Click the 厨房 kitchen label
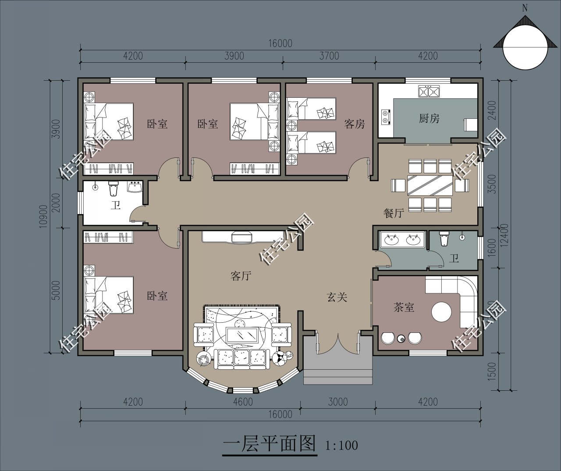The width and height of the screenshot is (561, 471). tap(429, 118)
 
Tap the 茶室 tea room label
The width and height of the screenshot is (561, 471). tap(404, 307)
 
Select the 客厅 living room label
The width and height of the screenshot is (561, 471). tap(241, 276)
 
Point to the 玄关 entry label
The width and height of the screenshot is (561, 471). tap(337, 297)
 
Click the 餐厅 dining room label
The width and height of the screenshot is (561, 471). tap(394, 213)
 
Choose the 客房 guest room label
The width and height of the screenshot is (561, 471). tap(355, 124)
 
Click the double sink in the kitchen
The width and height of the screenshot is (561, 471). tap(429, 91)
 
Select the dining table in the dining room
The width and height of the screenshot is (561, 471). tap(430, 185)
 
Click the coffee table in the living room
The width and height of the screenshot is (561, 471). tap(242, 335)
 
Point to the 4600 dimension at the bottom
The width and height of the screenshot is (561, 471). tap(243, 402)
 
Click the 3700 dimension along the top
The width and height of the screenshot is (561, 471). tap(329, 56)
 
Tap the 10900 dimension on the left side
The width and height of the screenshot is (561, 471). tap(43, 216)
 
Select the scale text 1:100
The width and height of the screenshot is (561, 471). tap(341, 446)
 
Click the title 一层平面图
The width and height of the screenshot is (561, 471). tap(270, 443)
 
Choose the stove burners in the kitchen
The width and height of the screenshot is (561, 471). tap(386, 117)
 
